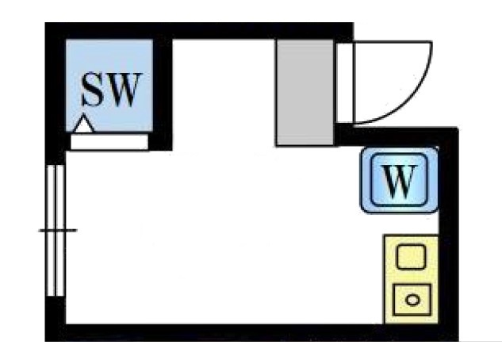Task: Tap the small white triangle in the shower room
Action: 84,124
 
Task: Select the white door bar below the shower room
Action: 109,142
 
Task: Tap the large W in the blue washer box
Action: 400,182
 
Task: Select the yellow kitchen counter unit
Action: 410,278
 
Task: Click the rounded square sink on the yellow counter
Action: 410,257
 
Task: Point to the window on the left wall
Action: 55,230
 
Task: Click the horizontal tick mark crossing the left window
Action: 57,231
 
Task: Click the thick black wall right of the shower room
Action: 162,91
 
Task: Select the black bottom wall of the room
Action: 238,331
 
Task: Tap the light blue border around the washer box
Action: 366,181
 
